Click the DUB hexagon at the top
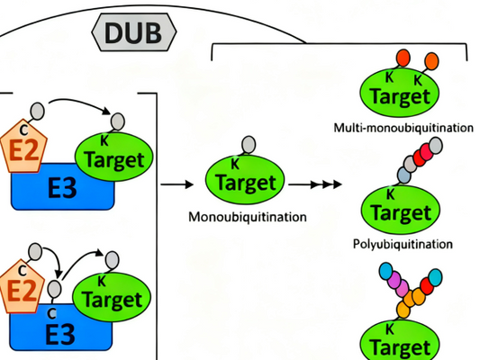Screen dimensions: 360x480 tap(133, 34)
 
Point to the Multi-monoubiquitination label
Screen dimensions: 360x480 tap(402, 128)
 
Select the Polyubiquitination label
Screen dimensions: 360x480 tap(402, 243)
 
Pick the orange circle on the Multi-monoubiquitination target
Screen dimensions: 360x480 tap(430, 60)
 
